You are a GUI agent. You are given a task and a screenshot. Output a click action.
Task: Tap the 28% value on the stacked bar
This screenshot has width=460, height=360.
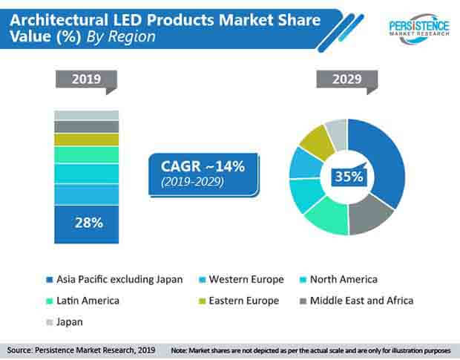[86, 223]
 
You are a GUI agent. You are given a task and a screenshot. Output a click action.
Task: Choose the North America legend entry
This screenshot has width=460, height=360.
[342, 279]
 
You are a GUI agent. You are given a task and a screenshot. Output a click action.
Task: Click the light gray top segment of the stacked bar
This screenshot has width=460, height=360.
[86, 115]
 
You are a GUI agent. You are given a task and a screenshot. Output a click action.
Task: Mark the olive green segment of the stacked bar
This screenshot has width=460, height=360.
[86, 140]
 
